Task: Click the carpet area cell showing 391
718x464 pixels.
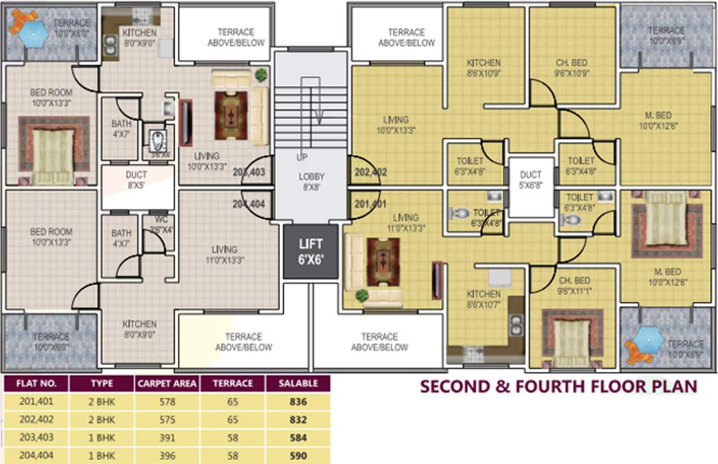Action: click(167, 438)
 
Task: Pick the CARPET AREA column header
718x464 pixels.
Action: click(167, 384)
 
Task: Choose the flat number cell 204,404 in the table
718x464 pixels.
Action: click(36, 456)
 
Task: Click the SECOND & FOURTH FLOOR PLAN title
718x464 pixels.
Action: click(558, 385)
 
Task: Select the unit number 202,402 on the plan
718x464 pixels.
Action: click(370, 172)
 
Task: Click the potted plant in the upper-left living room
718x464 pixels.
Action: click(261, 75)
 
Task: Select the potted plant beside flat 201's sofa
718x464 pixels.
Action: click(361, 295)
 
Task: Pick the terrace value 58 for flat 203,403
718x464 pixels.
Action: click(233, 438)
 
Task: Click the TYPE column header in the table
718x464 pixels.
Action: click(102, 384)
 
